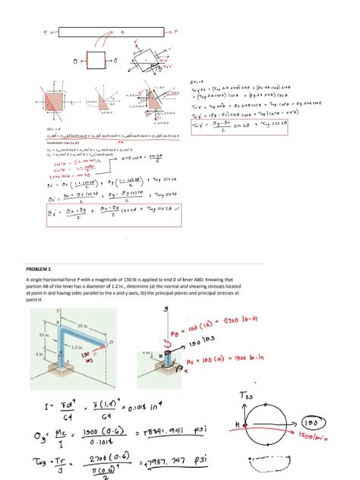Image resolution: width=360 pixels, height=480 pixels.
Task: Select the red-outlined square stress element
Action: click(98, 60)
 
